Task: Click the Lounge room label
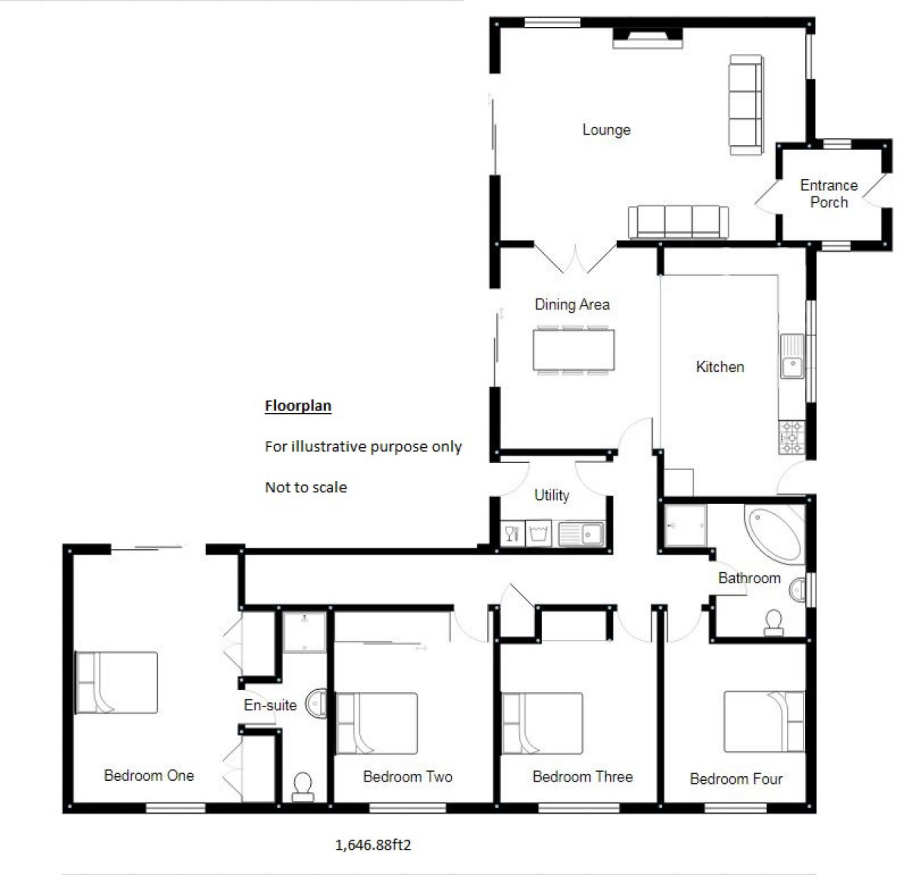(x=606, y=130)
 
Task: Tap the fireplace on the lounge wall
(x=647, y=38)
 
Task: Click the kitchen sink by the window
(x=792, y=356)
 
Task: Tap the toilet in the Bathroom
(x=773, y=623)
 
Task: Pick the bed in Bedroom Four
(x=763, y=722)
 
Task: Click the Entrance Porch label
(x=829, y=193)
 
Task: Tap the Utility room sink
(x=582, y=534)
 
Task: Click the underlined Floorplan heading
(x=298, y=406)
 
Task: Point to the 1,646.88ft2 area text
(x=373, y=845)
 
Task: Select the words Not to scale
(x=306, y=488)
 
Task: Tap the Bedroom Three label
(x=582, y=777)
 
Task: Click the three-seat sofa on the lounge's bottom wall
(x=678, y=222)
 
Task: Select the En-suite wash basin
(x=317, y=702)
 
